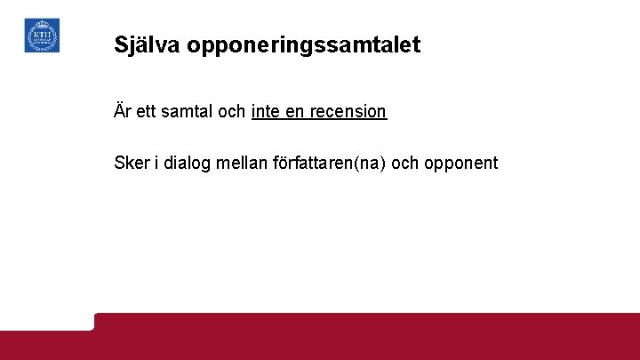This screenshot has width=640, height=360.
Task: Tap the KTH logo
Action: click(42, 36)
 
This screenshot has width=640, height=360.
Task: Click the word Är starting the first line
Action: click(123, 111)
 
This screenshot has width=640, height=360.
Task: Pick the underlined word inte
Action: click(266, 112)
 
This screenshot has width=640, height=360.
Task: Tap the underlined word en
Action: click(295, 112)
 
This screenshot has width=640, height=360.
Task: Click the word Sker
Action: click(131, 164)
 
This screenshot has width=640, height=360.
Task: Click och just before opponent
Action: click(414, 164)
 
